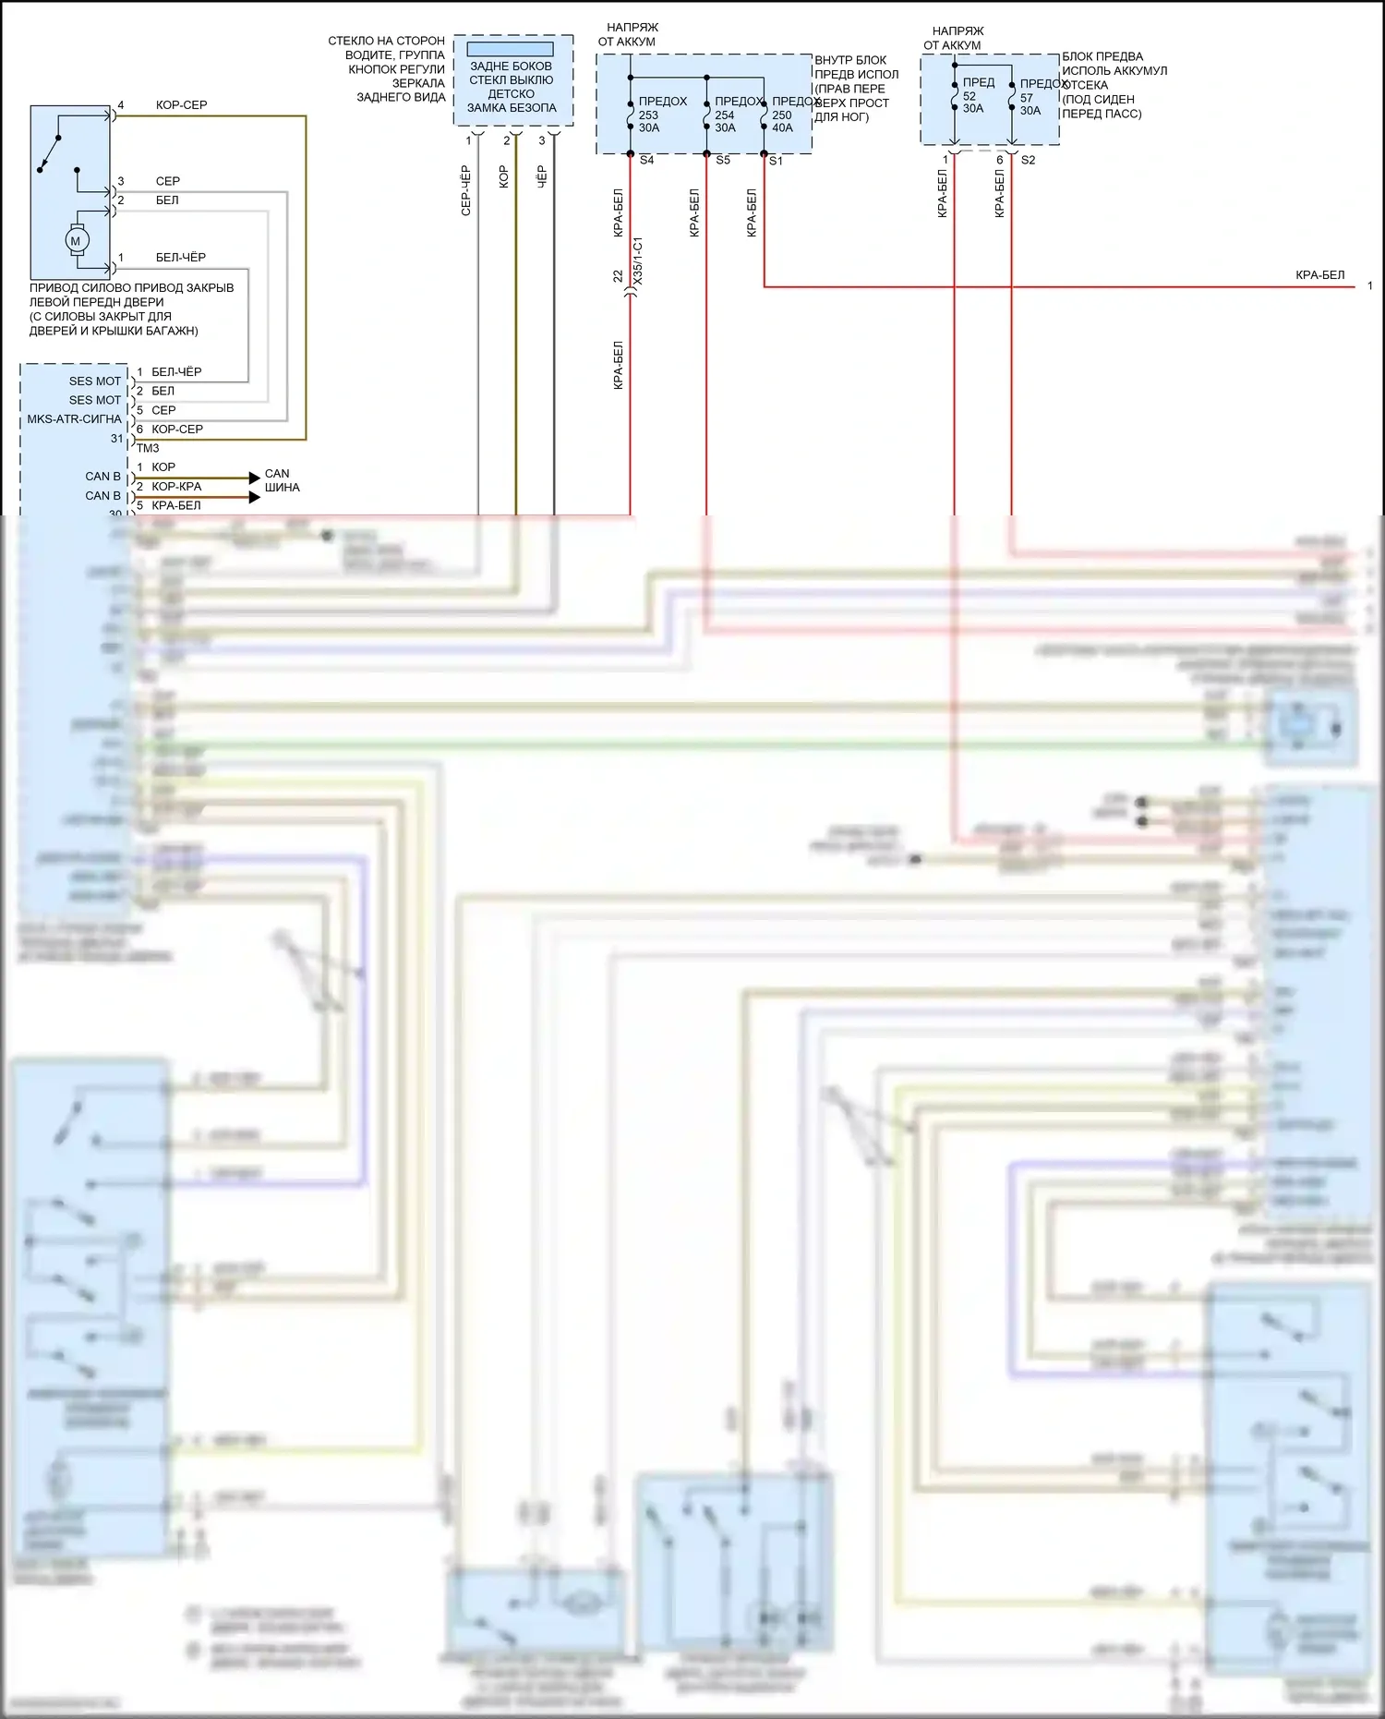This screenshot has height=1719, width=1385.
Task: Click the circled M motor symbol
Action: [x=76, y=241]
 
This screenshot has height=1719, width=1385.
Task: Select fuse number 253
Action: [x=648, y=115]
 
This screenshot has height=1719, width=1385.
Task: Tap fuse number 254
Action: [x=725, y=115]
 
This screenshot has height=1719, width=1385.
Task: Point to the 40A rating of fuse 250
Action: [x=782, y=128]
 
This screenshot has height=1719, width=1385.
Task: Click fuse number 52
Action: [x=969, y=96]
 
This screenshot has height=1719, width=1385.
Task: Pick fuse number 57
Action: [x=1027, y=98]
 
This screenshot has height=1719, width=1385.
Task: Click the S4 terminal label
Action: [x=646, y=161]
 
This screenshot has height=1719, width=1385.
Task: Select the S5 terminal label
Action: [x=723, y=161]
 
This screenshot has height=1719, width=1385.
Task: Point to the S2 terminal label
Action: [x=1028, y=161]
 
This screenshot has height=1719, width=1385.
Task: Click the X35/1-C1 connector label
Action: [x=638, y=260]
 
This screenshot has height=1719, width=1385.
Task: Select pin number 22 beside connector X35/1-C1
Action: [x=618, y=276]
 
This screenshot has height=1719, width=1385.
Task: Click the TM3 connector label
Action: [x=148, y=449]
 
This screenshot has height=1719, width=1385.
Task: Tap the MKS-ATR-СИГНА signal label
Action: [x=75, y=419]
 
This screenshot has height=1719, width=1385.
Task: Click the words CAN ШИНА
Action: [x=282, y=480]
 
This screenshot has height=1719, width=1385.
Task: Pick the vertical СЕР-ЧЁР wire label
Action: [x=466, y=191]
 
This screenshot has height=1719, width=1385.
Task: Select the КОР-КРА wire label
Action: [x=176, y=487]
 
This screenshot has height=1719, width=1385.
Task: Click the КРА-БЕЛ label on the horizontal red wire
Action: [x=1319, y=275]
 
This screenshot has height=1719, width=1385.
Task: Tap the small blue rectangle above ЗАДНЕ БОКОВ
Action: [x=510, y=49]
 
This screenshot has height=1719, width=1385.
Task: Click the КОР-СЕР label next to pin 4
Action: [x=182, y=105]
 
